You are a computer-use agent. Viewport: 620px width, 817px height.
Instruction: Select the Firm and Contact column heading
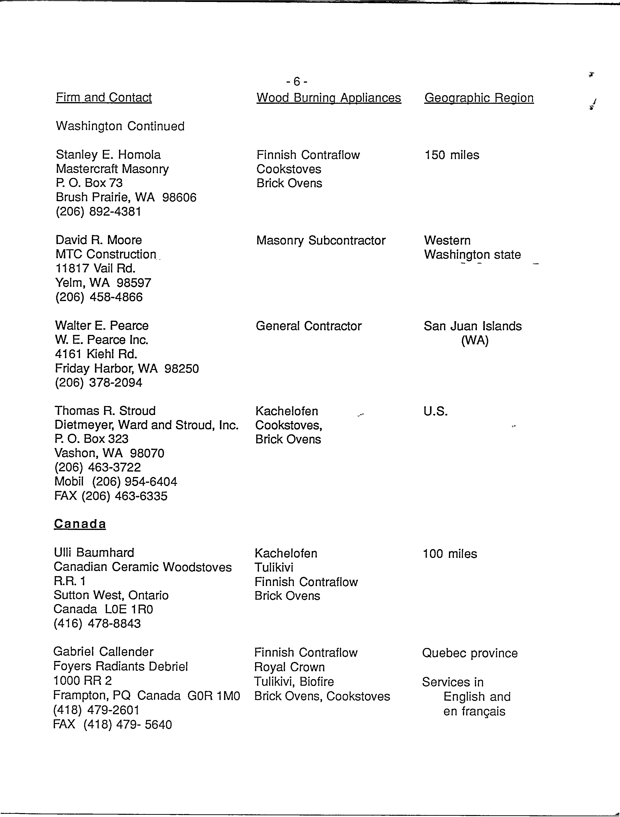(x=104, y=97)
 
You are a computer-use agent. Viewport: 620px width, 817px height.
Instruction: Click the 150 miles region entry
(x=452, y=155)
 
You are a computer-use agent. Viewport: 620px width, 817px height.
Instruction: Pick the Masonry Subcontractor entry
(x=321, y=240)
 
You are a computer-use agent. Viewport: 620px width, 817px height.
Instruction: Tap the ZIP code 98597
(x=134, y=283)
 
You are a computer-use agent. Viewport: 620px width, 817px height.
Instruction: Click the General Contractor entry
(x=309, y=326)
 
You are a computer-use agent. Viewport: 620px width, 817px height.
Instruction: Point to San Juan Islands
(x=472, y=326)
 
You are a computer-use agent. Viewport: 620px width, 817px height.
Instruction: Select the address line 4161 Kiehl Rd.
(x=96, y=354)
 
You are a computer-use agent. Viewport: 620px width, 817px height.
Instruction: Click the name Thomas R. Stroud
(x=105, y=411)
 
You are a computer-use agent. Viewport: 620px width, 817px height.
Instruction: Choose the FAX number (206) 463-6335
(x=124, y=496)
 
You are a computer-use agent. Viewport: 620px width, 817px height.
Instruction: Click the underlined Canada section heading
(x=80, y=524)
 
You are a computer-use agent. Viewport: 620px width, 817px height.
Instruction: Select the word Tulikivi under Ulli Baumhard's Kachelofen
(x=274, y=567)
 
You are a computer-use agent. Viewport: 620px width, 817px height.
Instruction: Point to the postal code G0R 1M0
(x=214, y=696)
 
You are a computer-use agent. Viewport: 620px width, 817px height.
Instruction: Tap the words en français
(x=474, y=711)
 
